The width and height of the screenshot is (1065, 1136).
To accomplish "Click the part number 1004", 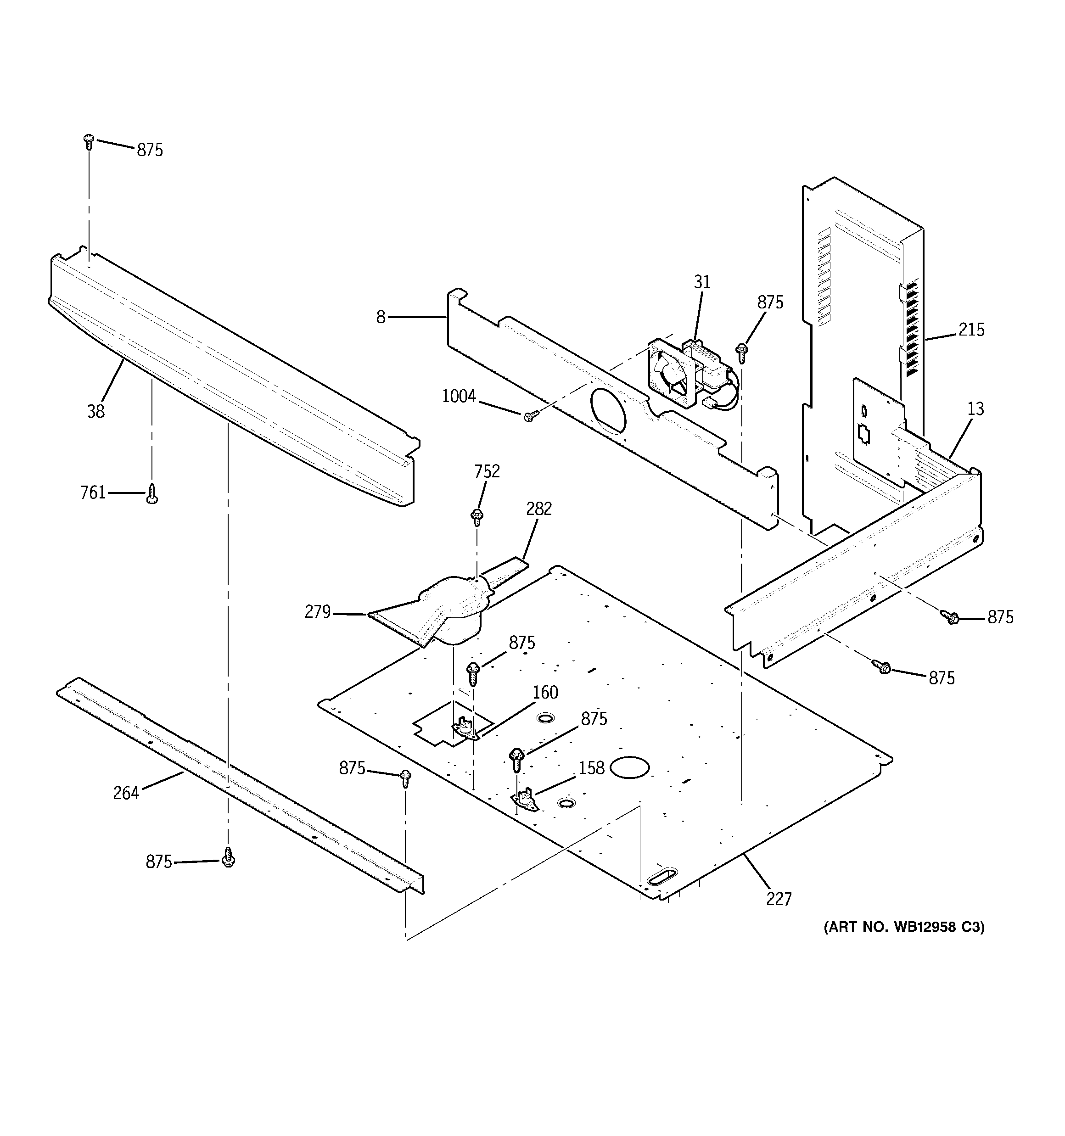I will coord(459,396).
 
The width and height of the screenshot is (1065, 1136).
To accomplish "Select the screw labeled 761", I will coord(151,493).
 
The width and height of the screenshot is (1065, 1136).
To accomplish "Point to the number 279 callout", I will coord(317,612).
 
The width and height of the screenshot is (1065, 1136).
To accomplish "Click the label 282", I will coord(538,509).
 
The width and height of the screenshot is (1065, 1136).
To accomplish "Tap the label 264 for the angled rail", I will coord(126,793).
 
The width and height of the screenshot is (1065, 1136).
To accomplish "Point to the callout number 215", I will coord(971,330).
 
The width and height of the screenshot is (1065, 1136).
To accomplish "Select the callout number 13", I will coord(975,409).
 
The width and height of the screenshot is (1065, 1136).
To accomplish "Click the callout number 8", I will coord(381,317).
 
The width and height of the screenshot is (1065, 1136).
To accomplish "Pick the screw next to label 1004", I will coord(528,417).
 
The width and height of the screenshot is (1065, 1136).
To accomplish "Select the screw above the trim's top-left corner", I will coord(89,141).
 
